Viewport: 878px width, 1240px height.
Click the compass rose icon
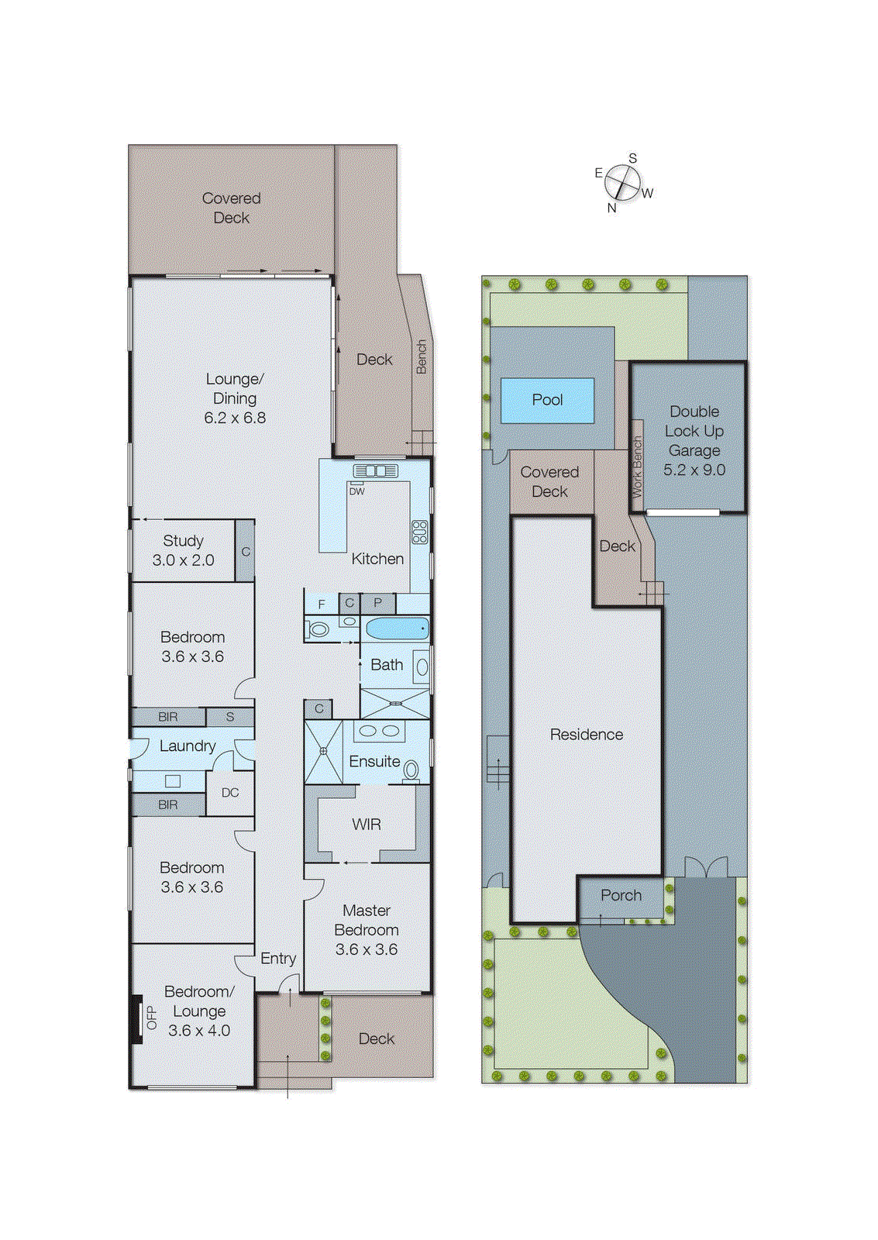point(622,183)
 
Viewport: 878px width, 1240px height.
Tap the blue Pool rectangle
point(547,400)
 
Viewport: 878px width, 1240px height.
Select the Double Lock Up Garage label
point(694,440)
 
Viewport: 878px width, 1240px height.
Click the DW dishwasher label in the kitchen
point(356,491)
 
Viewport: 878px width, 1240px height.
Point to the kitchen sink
point(376,470)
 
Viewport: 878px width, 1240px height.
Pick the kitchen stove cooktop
point(419,532)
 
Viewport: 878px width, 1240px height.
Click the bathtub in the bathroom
point(397,628)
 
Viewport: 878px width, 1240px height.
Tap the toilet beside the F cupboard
point(318,629)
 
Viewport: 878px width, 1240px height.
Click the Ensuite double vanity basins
point(379,731)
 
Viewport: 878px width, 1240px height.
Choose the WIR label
point(367,825)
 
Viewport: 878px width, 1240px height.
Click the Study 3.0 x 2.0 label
point(183,550)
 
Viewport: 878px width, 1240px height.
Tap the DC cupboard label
point(230,793)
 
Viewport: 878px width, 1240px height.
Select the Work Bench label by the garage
point(637,467)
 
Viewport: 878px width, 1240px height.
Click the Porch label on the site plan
point(621,895)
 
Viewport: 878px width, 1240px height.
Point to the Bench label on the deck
point(422,356)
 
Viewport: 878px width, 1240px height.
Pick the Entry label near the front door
point(278,959)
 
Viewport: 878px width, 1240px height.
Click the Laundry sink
point(173,781)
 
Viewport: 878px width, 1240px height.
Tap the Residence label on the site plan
point(586,735)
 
